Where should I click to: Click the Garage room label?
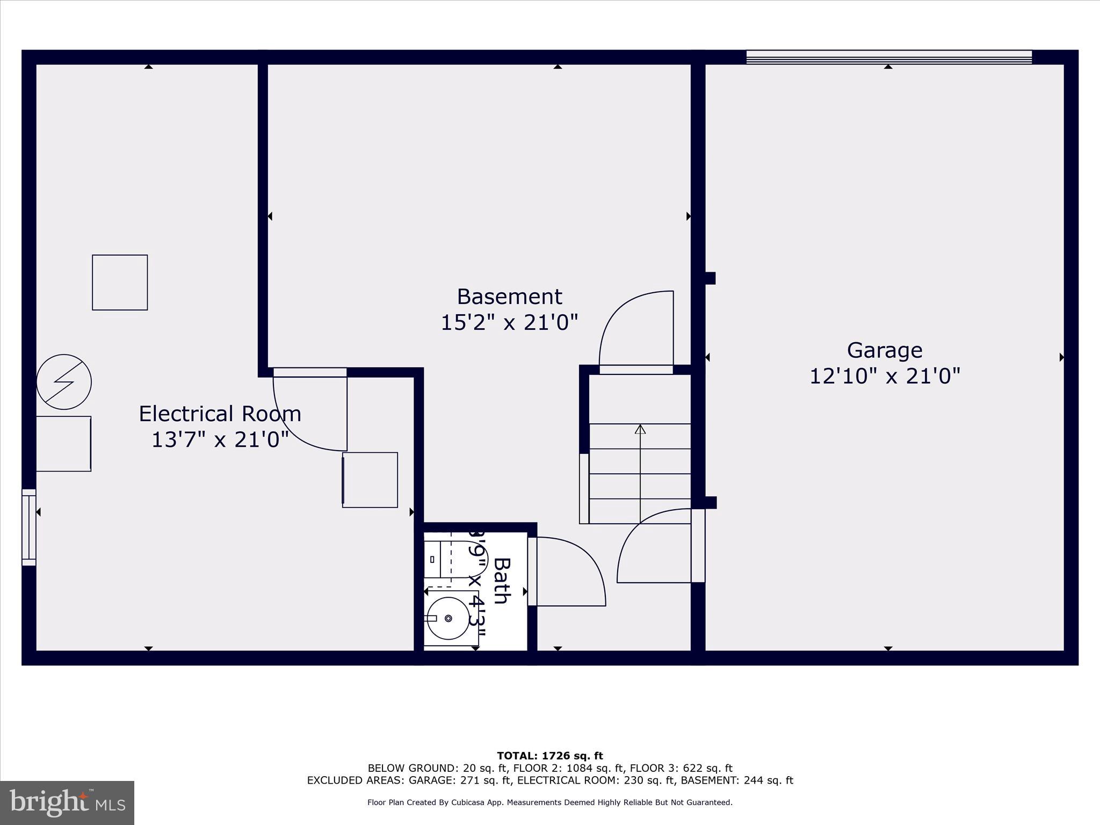click(x=885, y=350)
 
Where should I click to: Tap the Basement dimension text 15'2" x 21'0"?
click(x=509, y=323)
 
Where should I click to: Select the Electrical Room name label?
click(x=220, y=414)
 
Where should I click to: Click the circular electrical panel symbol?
click(x=64, y=382)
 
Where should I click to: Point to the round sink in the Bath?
click(x=448, y=618)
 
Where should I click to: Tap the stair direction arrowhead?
click(x=640, y=429)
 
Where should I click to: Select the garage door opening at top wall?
click(x=889, y=57)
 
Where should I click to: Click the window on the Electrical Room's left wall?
click(x=29, y=527)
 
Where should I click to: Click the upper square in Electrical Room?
click(x=120, y=283)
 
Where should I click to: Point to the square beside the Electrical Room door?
click(x=370, y=480)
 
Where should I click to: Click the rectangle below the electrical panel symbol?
click(x=63, y=444)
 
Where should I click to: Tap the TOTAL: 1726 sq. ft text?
click(x=550, y=756)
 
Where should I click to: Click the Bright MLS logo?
click(x=67, y=802)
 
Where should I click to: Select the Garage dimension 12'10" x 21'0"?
click(x=885, y=376)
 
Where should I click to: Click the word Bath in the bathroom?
click(x=502, y=581)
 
